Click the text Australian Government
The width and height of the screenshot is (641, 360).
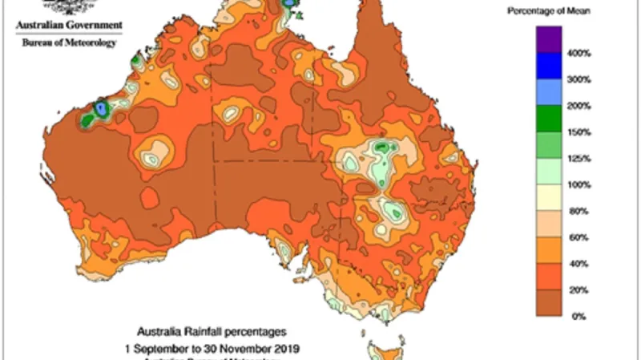point(69,25)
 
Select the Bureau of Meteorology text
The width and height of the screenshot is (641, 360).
point(68,42)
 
